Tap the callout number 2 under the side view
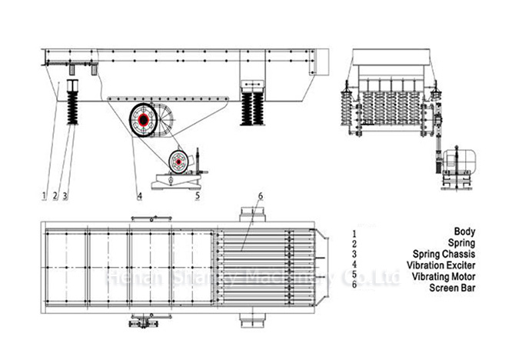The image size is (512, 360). point(55,195)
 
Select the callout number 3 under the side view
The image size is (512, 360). point(65,195)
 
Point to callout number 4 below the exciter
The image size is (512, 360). point(140,195)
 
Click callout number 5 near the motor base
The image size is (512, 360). point(198,195)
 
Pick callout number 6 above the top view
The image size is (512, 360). point(261,196)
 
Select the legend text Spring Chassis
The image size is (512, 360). point(445,253)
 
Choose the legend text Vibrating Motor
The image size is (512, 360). point(442,275)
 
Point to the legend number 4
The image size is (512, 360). point(354,264)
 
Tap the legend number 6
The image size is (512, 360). point(354,286)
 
